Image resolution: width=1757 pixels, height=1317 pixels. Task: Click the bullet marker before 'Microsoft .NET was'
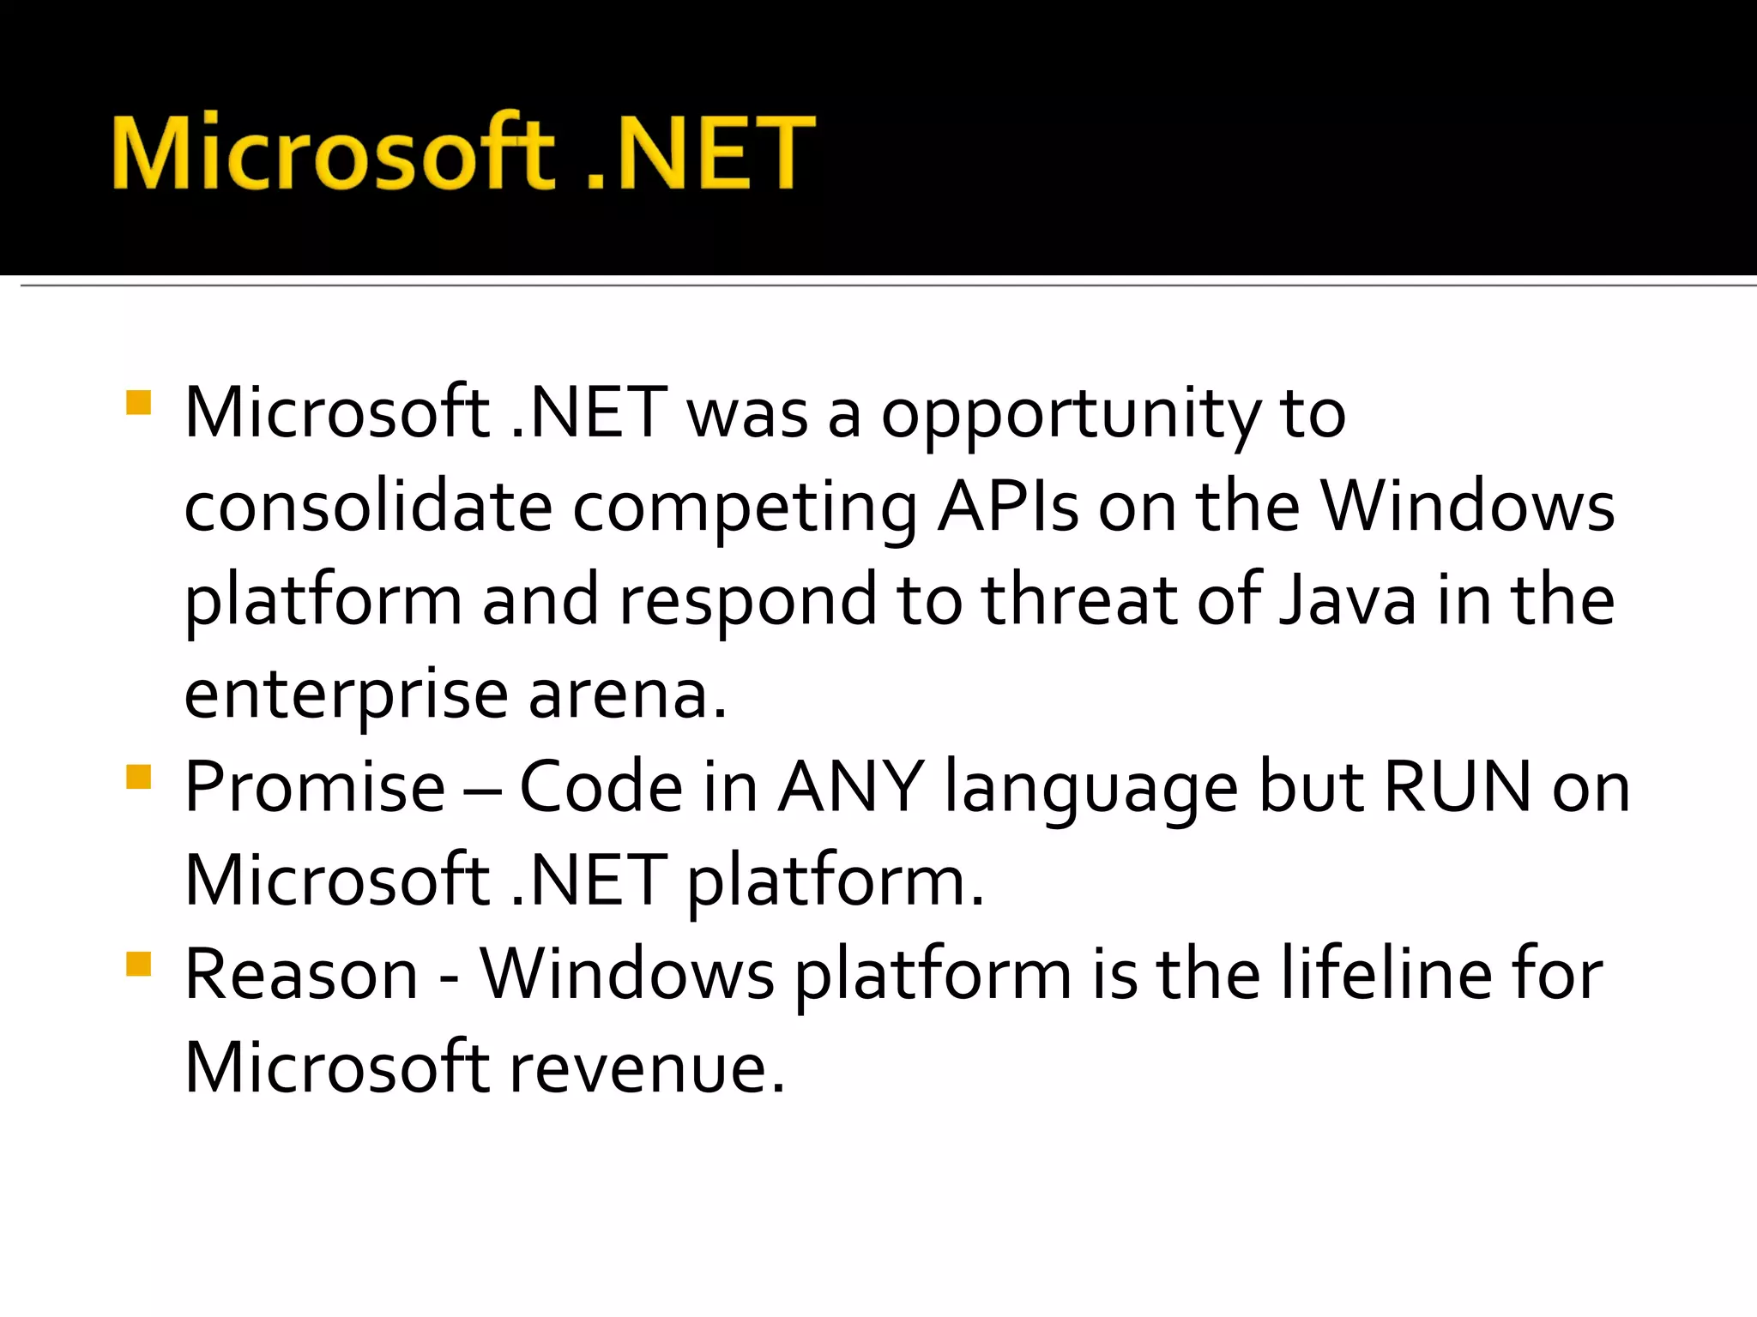click(138, 402)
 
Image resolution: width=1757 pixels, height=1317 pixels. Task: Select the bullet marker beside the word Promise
click(138, 777)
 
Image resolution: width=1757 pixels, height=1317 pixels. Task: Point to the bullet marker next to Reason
click(138, 965)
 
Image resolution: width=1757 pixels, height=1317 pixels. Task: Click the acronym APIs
click(1007, 507)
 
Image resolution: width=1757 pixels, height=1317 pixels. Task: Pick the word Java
click(1347, 599)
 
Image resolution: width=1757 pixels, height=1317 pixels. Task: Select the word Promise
click(315, 787)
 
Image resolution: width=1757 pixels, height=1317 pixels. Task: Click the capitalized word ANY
click(850, 787)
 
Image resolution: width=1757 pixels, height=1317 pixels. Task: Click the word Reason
click(301, 975)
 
